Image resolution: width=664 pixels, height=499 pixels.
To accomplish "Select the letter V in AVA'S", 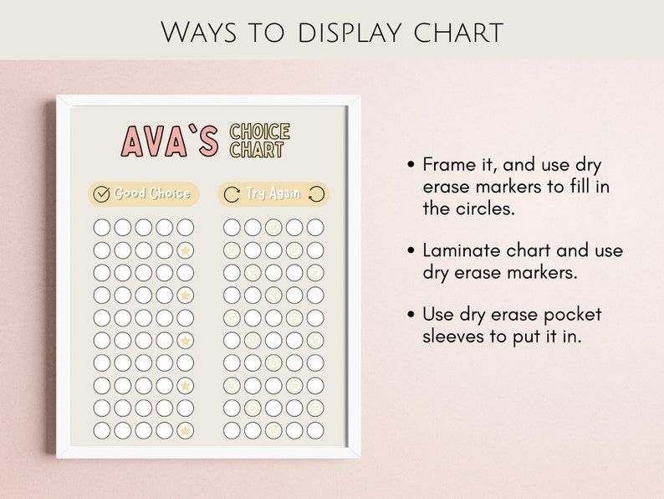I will coord(160,141).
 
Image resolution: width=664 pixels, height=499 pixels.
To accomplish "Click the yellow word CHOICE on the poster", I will coord(260,131).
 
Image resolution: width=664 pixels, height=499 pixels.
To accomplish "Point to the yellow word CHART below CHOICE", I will coord(257,151).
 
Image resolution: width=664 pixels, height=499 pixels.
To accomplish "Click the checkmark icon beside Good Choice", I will coord(102,194).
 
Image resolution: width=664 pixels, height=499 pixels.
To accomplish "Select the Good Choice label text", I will coord(152,194).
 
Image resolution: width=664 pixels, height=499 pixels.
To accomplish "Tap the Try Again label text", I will coord(273,194).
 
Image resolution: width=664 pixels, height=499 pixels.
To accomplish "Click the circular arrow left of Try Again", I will coord(232,194).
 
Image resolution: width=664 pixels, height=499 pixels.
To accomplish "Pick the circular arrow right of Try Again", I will coord(316,194).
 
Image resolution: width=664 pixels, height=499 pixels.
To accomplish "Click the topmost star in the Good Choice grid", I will coord(185,250).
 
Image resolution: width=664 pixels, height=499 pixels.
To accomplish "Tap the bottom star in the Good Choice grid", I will coord(185,431).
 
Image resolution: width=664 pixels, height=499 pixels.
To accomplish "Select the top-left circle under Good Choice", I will coord(101,227).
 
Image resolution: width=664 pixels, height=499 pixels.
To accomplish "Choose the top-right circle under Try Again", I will coord(314,227).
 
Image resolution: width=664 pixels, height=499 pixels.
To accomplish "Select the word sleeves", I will coord(453,337).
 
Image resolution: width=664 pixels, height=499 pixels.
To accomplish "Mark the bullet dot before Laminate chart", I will coord(411,250).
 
